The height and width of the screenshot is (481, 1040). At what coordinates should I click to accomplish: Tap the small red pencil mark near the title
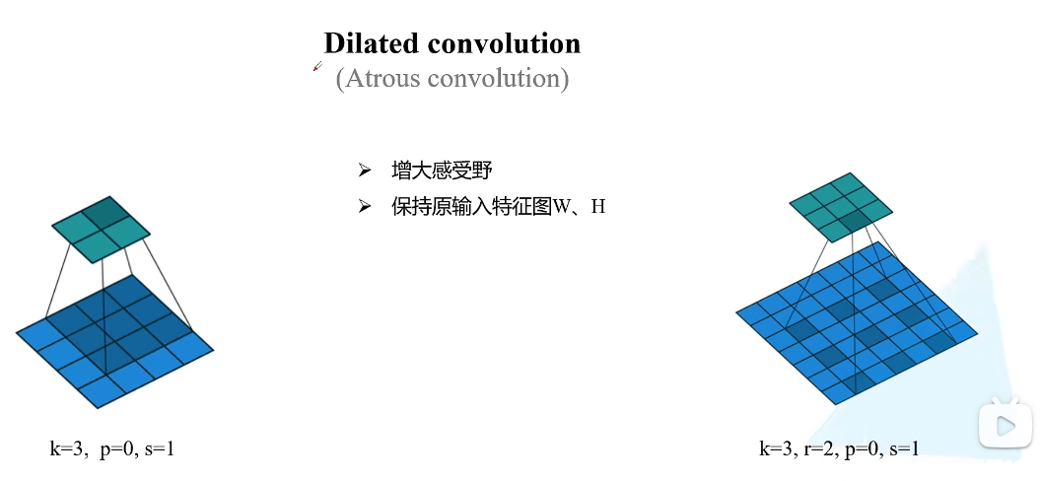[317, 67]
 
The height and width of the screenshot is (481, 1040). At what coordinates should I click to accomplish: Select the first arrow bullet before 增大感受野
[364, 171]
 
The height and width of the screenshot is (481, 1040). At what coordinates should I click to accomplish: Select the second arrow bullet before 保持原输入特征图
[364, 206]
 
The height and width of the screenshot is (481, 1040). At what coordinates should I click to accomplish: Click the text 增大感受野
[441, 171]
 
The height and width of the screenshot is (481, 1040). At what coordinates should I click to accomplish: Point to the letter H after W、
[598, 207]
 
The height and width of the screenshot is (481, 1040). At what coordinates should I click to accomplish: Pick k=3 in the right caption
[776, 449]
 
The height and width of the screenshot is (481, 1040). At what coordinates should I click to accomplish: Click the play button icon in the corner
[1004, 425]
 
